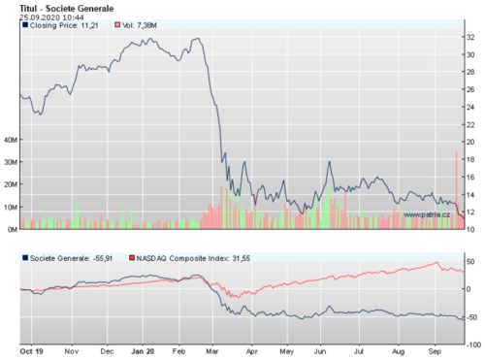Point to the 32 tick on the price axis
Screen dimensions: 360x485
tap(470, 37)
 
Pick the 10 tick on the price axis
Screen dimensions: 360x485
tap(470, 229)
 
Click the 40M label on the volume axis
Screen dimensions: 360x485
tap(11, 139)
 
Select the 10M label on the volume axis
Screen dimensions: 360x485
tap(11, 207)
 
